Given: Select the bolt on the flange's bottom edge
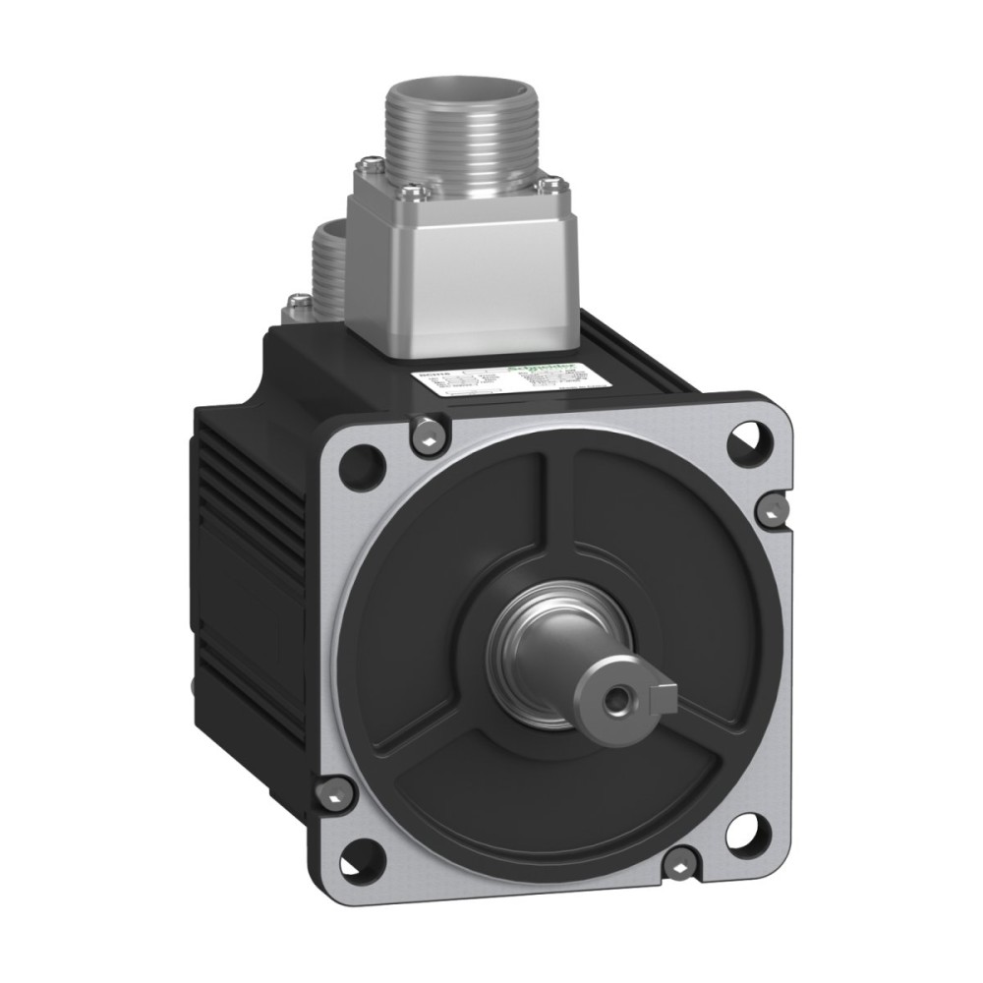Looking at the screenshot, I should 677,865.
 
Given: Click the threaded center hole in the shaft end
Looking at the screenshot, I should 615,701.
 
